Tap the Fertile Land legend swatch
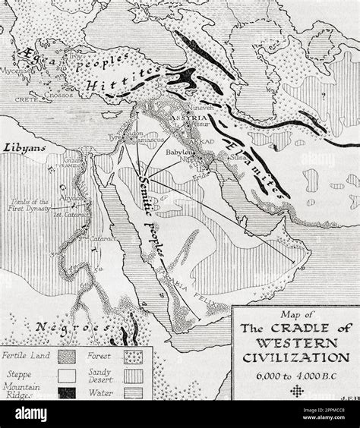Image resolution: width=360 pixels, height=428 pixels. pyautogui.click(x=65, y=354)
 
